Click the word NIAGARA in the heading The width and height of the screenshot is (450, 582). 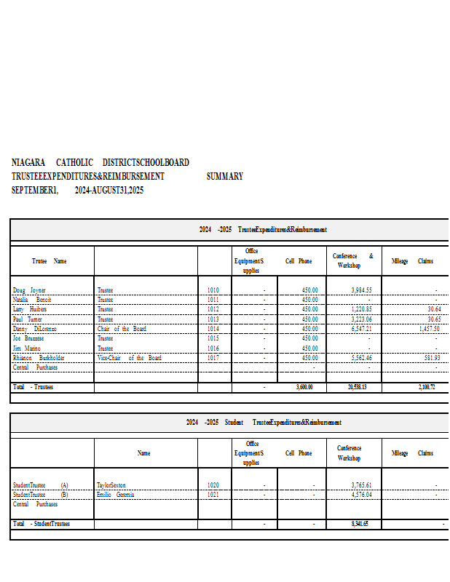(28, 163)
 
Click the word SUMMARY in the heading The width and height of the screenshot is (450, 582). (224, 177)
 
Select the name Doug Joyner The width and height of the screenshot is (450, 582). (29, 290)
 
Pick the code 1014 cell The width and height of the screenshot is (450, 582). (213, 329)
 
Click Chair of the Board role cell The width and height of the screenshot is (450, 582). (122, 329)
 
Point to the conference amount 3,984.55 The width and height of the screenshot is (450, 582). (361, 290)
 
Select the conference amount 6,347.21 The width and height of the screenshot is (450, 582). (361, 329)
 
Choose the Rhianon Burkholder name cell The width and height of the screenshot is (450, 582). (39, 358)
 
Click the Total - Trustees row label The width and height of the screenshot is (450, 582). (33, 388)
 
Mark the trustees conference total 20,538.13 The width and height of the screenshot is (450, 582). (359, 388)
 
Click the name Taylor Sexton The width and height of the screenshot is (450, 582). (111, 485)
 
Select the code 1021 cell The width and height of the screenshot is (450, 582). (213, 495)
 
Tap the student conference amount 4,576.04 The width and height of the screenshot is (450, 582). (361, 495)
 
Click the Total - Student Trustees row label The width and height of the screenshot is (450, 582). (42, 524)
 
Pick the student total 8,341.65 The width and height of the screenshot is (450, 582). (360, 524)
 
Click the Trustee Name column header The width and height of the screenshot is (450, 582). (49, 261)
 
